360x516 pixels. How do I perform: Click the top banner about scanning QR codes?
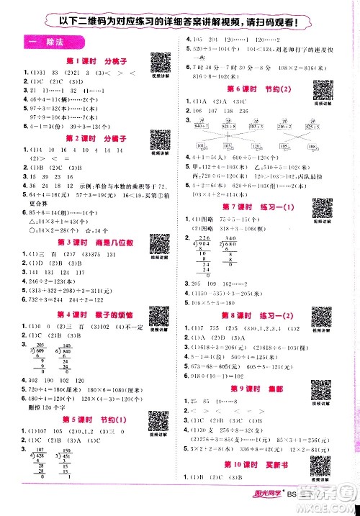point(180,20)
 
